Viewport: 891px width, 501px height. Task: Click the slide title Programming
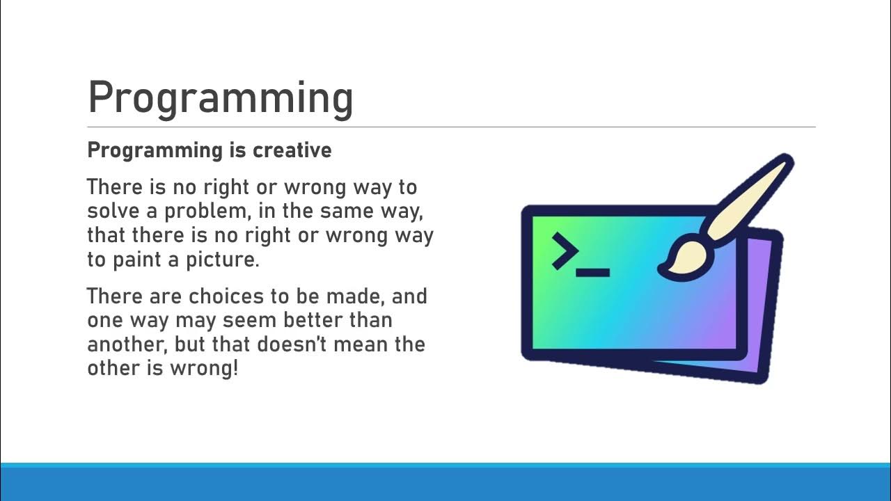(220, 98)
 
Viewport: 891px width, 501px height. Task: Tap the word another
(127, 344)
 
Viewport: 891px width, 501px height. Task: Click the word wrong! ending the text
(204, 368)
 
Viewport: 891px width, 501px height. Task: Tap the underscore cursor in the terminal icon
(593, 273)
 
